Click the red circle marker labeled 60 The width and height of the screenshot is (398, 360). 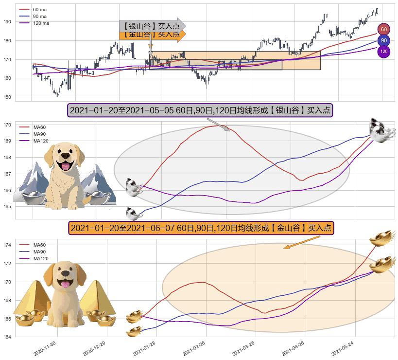[x=384, y=30]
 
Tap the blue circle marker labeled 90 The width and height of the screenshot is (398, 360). [x=384, y=40]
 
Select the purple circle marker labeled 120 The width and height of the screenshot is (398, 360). [x=384, y=52]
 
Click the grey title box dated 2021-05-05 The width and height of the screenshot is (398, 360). [x=199, y=110]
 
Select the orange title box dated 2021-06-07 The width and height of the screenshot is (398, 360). [x=201, y=228]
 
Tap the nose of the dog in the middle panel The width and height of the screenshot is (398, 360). [x=65, y=157]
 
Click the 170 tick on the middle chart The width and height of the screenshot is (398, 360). [x=7, y=125]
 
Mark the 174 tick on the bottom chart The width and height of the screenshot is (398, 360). [x=7, y=245]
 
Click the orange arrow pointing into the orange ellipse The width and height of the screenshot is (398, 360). [x=301, y=242]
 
